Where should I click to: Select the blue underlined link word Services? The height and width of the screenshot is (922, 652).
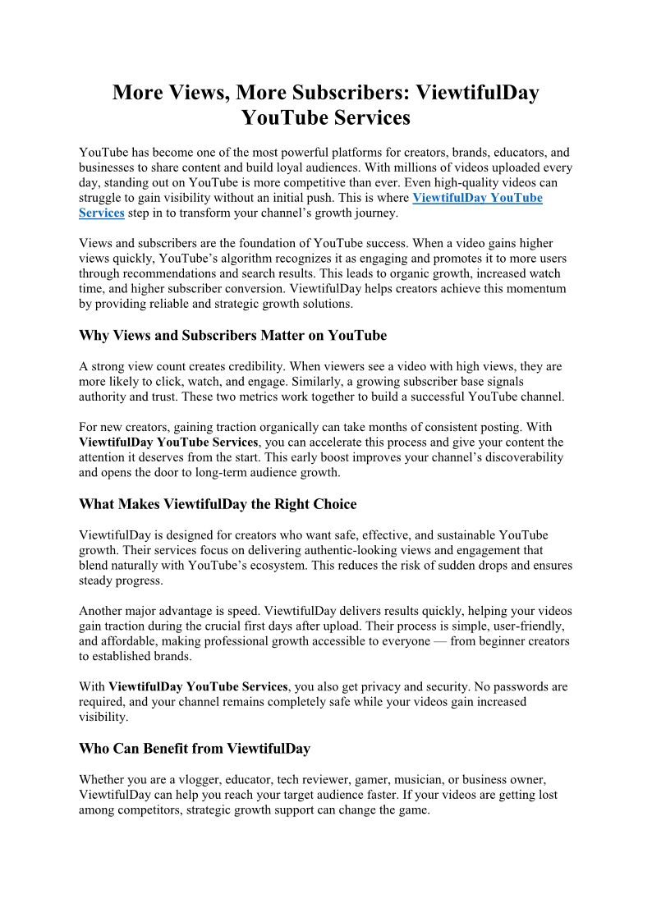point(101,213)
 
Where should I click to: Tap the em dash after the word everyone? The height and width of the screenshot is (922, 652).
point(439,641)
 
